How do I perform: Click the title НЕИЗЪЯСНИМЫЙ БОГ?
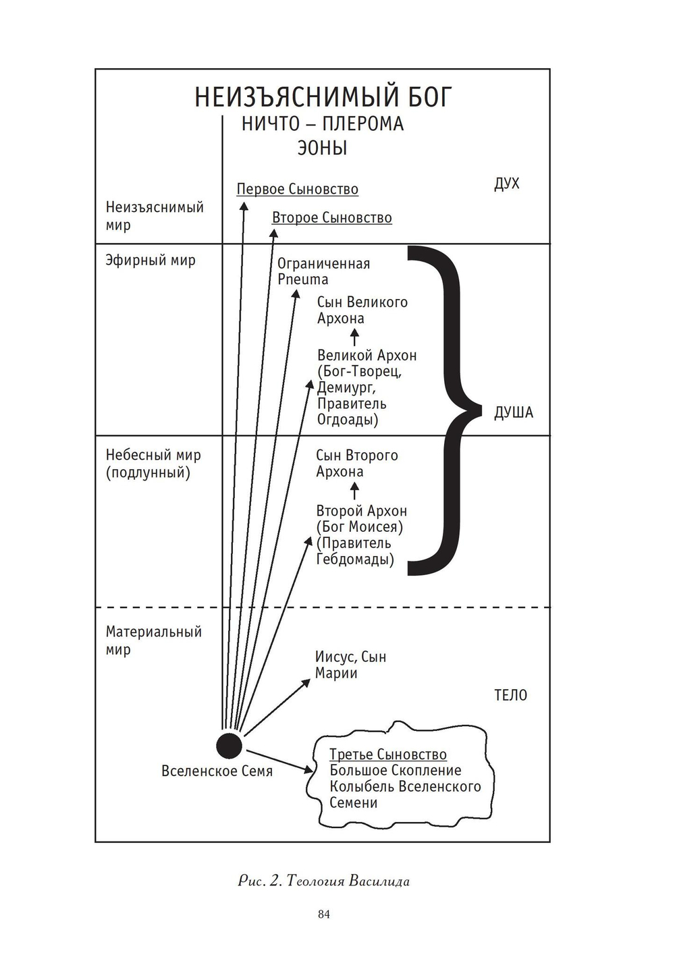[x=323, y=97]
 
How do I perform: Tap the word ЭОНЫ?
[x=322, y=148]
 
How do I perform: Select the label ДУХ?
[x=507, y=184]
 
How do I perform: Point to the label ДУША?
[x=514, y=413]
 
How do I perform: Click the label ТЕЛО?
[x=510, y=695]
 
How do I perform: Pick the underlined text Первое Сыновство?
[x=298, y=189]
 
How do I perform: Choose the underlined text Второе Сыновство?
[x=332, y=217]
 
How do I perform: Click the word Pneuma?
[x=303, y=280]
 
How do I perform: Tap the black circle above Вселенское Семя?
[x=229, y=746]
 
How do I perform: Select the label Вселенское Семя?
[x=217, y=771]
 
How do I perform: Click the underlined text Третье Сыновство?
[x=388, y=755]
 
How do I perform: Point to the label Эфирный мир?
[x=151, y=261]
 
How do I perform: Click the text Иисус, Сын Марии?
[x=351, y=665]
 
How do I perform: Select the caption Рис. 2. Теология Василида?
[x=323, y=881]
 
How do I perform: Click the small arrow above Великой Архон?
[x=354, y=337]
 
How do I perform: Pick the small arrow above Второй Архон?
[x=354, y=491]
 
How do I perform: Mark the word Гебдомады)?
[x=355, y=559]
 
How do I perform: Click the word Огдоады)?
[x=348, y=420]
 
